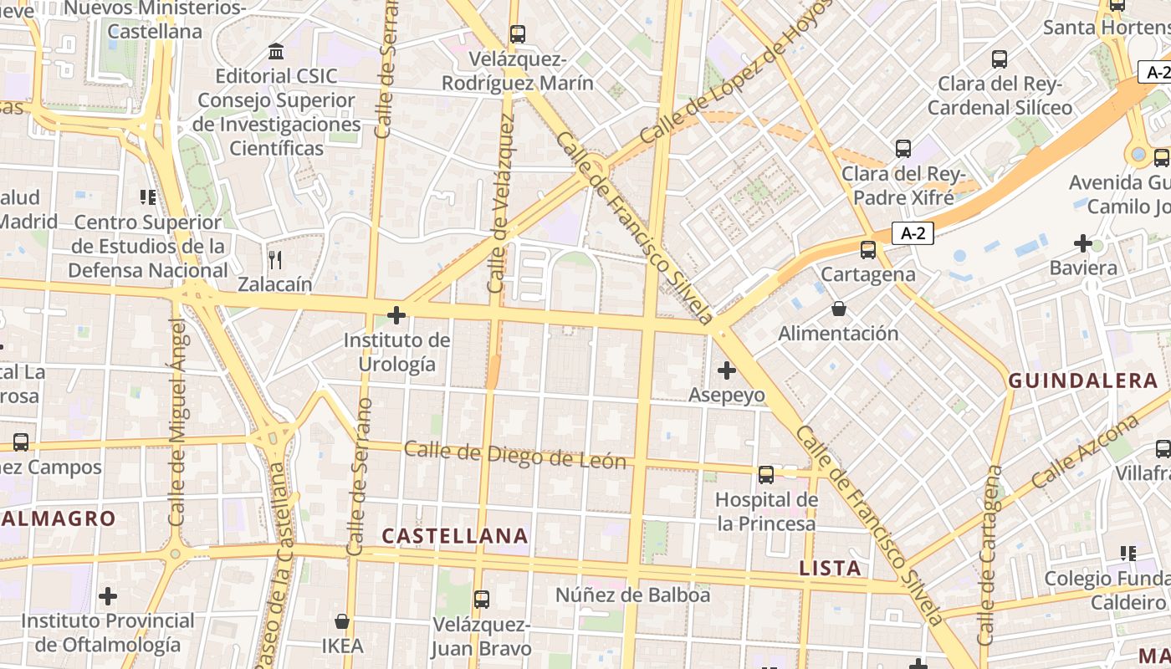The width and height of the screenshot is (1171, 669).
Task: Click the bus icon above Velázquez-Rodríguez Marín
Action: (518, 34)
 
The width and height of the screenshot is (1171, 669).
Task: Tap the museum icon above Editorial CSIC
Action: (276, 52)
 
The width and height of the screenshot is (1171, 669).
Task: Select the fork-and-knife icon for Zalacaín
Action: (275, 259)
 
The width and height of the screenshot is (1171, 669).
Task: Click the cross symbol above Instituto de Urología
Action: (396, 315)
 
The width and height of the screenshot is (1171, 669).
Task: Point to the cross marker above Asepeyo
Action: (726, 370)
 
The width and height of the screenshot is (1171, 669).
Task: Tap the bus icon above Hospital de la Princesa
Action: (766, 475)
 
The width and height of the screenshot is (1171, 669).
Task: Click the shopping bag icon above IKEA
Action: (342, 621)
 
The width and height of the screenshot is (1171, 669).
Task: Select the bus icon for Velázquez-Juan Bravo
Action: (481, 600)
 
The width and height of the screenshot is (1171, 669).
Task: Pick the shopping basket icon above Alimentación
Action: (838, 309)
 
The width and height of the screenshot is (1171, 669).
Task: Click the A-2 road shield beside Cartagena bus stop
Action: (913, 233)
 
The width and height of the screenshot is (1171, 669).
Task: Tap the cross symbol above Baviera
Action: (1083, 243)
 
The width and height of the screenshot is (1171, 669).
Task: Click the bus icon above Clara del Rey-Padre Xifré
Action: (903, 149)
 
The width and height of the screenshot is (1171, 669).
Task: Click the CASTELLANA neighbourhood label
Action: (455, 536)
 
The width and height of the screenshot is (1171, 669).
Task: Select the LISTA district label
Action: (830, 569)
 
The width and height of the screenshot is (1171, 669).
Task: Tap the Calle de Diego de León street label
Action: (515, 456)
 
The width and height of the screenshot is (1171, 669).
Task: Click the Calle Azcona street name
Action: (1085, 452)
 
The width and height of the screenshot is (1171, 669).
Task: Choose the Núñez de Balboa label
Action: (633, 595)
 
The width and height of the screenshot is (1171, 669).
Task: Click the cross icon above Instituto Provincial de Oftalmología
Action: (108, 596)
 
